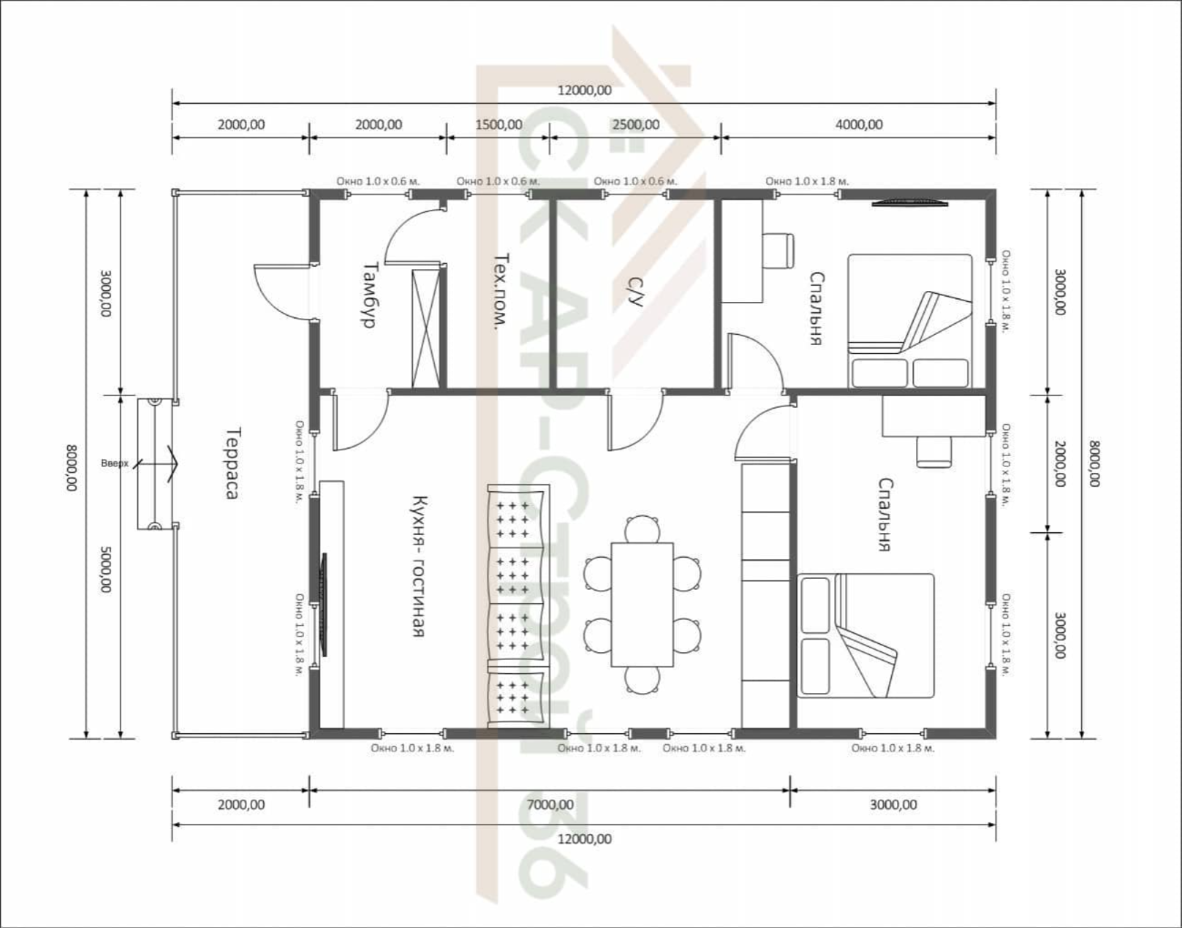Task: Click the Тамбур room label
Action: pyautogui.click(x=369, y=295)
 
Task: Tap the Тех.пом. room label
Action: pyautogui.click(x=500, y=292)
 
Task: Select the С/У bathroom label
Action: pyautogui.click(x=635, y=291)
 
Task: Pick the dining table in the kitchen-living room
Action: pyautogui.click(x=642, y=604)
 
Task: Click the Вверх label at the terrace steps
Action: pyautogui.click(x=115, y=464)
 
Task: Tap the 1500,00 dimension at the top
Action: pyautogui.click(x=499, y=125)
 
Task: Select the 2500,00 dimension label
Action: pyautogui.click(x=636, y=125)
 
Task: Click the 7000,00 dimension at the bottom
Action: pyautogui.click(x=550, y=804)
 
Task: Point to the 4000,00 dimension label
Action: pyautogui.click(x=860, y=125)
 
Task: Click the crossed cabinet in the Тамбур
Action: pyautogui.click(x=426, y=329)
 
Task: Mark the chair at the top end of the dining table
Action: pyautogui.click(x=642, y=529)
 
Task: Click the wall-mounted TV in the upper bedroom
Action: pyautogui.click(x=910, y=204)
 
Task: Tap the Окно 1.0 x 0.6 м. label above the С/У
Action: pyautogui.click(x=635, y=181)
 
